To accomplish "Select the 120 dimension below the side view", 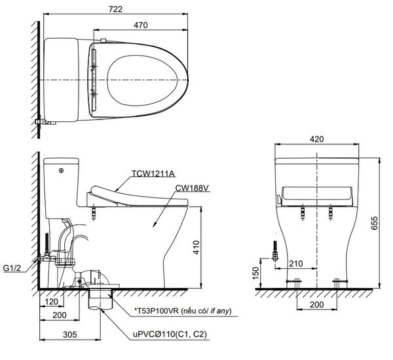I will pos(52,304).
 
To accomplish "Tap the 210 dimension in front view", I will pos(296,264).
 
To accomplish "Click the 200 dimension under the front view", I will pos(317,306).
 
